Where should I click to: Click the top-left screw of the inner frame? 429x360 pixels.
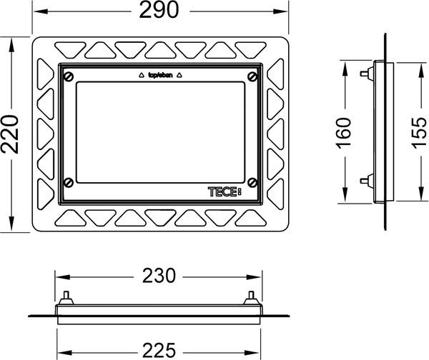(68, 76)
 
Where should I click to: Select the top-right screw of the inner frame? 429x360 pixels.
(252, 76)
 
